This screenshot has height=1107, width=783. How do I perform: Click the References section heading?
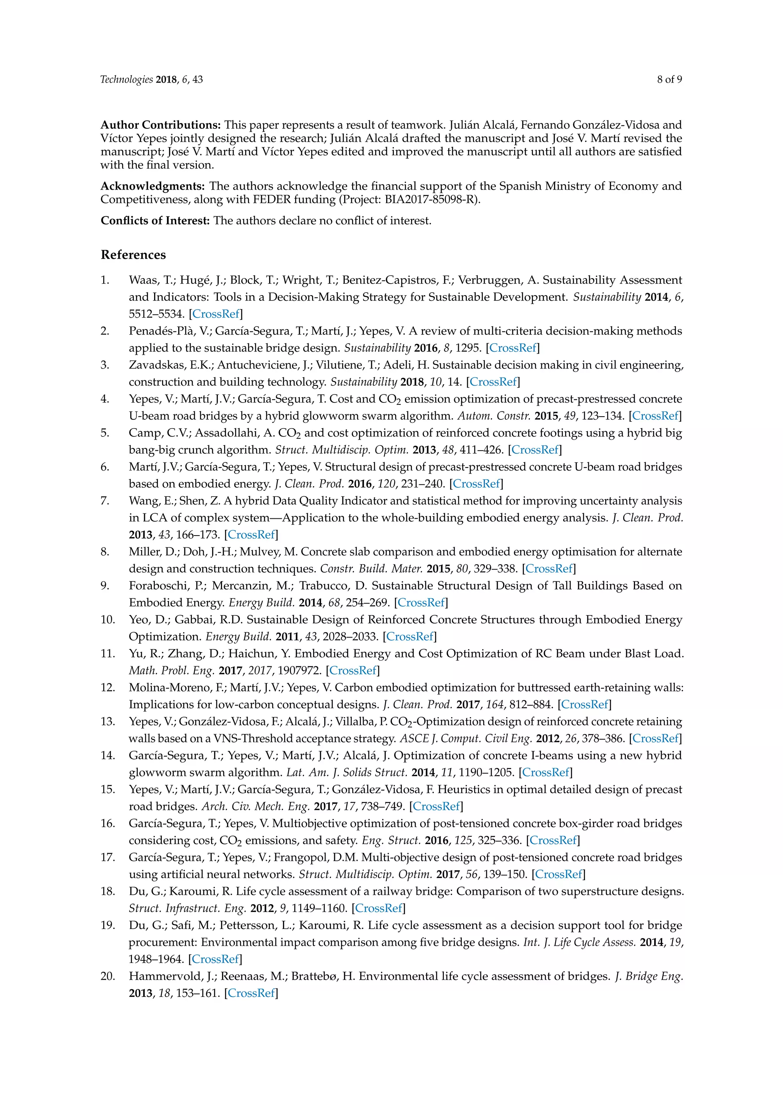133,255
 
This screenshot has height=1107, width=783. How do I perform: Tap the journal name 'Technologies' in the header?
126,80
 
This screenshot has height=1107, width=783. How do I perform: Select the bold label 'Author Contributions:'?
161,125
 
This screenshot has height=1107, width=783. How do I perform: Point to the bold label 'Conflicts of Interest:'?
155,221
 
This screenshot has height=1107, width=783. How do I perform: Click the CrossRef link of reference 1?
216,314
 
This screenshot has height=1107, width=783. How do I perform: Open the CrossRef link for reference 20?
251,993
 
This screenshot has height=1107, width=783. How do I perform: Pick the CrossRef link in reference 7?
251,534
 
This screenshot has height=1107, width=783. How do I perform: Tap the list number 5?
105,433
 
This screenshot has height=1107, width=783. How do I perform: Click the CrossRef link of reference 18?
379,908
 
